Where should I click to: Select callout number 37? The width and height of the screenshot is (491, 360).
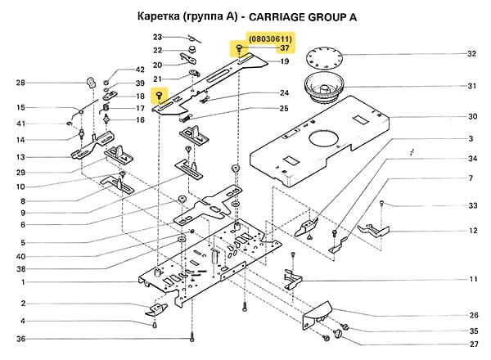274,49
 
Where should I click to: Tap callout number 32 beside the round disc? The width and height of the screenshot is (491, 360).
471,55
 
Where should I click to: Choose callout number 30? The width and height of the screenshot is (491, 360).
471,116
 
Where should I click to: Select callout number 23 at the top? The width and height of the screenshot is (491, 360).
158,38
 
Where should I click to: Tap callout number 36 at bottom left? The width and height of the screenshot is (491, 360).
21,339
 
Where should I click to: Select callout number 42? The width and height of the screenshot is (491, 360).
139,70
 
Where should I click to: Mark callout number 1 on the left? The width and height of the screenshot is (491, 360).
22,282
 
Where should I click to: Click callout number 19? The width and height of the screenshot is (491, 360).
284,61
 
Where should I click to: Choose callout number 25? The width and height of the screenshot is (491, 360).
284,108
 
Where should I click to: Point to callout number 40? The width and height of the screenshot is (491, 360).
22,256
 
